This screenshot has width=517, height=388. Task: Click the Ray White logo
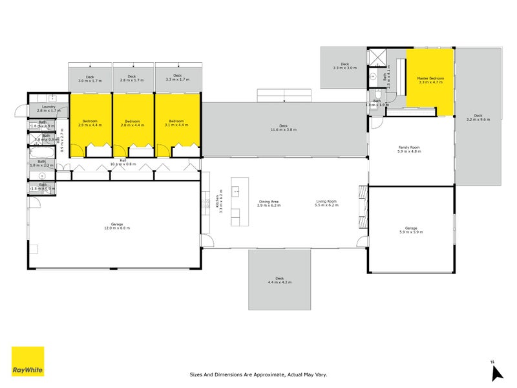[28, 361]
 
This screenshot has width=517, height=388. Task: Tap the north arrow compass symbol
[496, 372]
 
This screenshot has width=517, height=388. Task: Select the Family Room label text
[409, 148]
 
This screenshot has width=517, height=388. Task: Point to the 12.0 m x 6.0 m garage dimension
[116, 228]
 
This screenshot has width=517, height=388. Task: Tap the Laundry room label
[49, 107]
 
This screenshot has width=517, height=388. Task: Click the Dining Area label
[269, 202]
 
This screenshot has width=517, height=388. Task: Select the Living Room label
[326, 202]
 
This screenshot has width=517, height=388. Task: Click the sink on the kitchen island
[236, 191]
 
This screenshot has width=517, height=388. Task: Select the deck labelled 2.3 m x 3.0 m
[344, 67]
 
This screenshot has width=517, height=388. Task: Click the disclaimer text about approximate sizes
[258, 374]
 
